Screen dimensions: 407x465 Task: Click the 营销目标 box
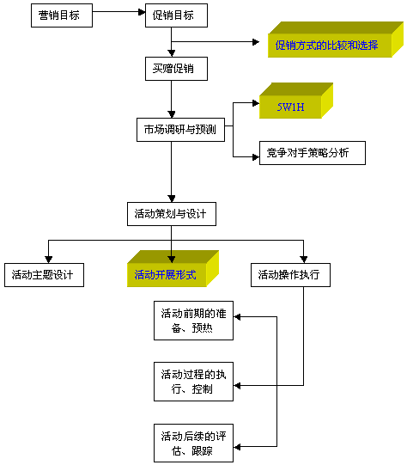[x=62, y=15]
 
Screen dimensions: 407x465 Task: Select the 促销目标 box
[x=176, y=15]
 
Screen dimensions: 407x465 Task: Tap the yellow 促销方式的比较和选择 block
[x=336, y=40]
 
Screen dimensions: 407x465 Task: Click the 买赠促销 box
[x=176, y=69]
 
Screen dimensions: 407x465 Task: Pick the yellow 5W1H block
[x=296, y=101]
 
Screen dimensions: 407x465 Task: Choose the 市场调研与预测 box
[x=180, y=130]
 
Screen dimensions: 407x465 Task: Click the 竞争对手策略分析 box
[x=313, y=153]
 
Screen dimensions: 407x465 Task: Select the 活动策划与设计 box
[x=172, y=214]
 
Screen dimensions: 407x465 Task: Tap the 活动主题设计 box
[x=44, y=275]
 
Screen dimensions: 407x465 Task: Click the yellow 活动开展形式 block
[x=173, y=269]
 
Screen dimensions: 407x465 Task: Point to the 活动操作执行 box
[x=290, y=275]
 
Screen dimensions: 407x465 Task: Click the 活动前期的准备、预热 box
[x=193, y=321]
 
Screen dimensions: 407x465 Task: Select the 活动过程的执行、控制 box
[x=193, y=382]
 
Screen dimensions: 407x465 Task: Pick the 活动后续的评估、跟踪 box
[x=193, y=443]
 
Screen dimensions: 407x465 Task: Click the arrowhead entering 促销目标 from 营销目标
[x=142, y=12]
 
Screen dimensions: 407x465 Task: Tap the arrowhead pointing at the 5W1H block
[x=256, y=103]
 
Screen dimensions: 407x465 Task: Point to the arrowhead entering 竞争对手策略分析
[x=256, y=157]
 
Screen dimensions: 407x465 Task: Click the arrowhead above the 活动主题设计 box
[x=49, y=260]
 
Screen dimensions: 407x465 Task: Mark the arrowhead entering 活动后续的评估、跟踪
[x=237, y=447]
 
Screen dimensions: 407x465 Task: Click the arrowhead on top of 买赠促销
[x=171, y=53]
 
